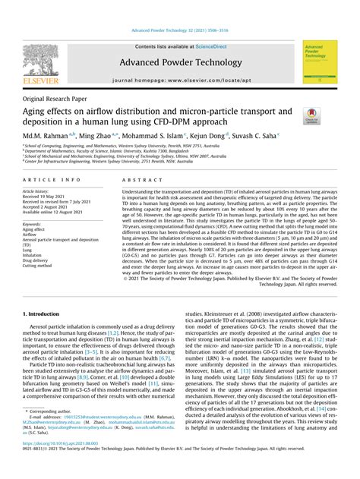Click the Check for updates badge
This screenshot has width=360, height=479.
[311, 116]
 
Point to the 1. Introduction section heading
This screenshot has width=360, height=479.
[46, 312]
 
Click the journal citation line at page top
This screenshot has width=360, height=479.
[179, 31]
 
